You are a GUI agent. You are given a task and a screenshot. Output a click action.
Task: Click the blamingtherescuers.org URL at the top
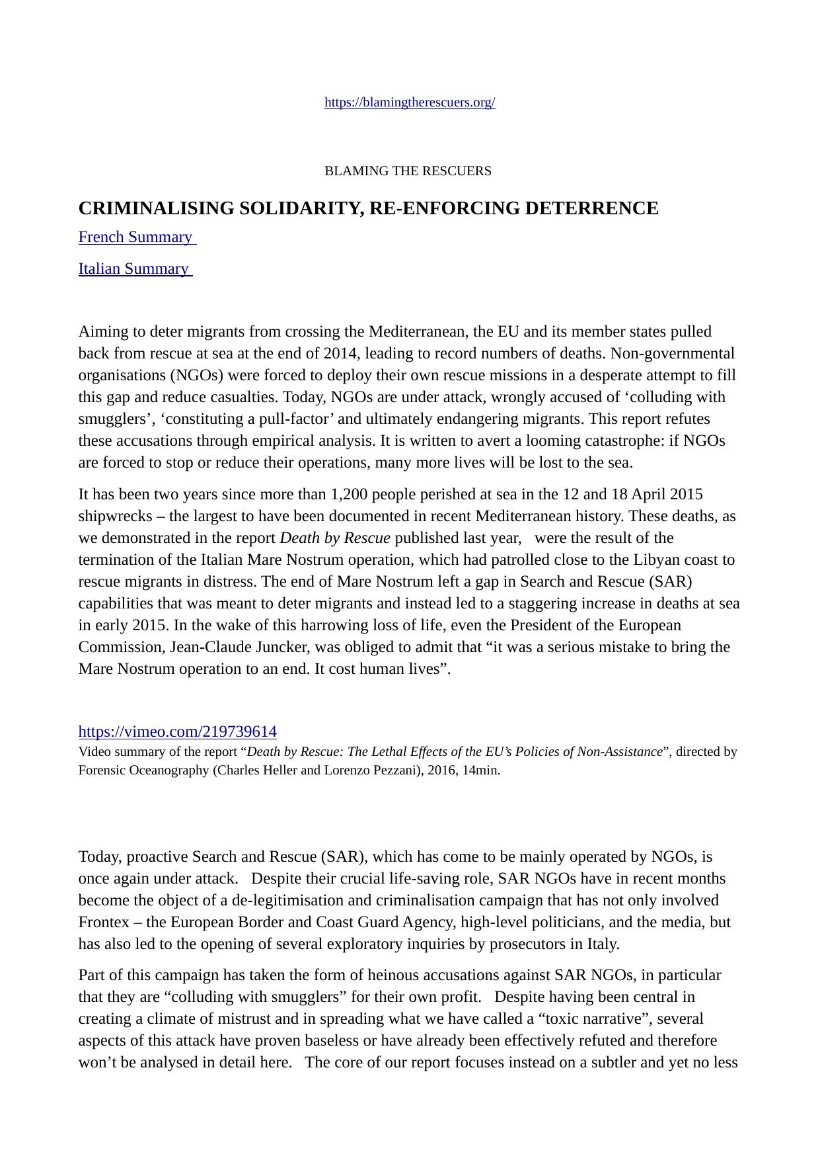(410, 103)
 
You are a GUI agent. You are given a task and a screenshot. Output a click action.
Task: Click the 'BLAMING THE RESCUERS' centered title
(408, 171)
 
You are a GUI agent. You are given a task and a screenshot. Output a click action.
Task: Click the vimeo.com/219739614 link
(177, 731)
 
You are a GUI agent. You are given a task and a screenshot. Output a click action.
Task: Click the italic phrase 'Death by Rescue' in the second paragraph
(335, 538)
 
